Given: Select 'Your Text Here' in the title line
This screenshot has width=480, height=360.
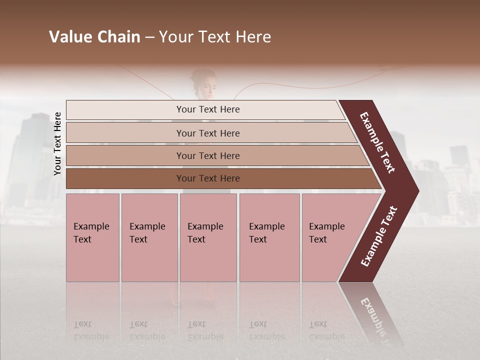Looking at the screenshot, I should (x=215, y=37).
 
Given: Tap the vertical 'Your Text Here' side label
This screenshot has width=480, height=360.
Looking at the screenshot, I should (x=57, y=143).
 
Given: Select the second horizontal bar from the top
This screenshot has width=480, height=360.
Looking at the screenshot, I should (x=207, y=133).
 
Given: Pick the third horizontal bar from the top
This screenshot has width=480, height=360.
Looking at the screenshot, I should (x=207, y=155).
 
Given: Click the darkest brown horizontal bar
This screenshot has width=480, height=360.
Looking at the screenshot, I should (x=207, y=178).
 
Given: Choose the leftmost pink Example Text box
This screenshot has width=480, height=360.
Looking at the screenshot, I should (x=92, y=237).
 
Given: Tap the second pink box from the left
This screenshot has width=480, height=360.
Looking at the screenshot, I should (x=149, y=237).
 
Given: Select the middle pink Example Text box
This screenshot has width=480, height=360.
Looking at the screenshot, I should (x=208, y=237).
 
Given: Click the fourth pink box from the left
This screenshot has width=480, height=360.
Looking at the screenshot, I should (x=269, y=237).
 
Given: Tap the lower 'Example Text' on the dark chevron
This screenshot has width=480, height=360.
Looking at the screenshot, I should (x=379, y=236).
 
